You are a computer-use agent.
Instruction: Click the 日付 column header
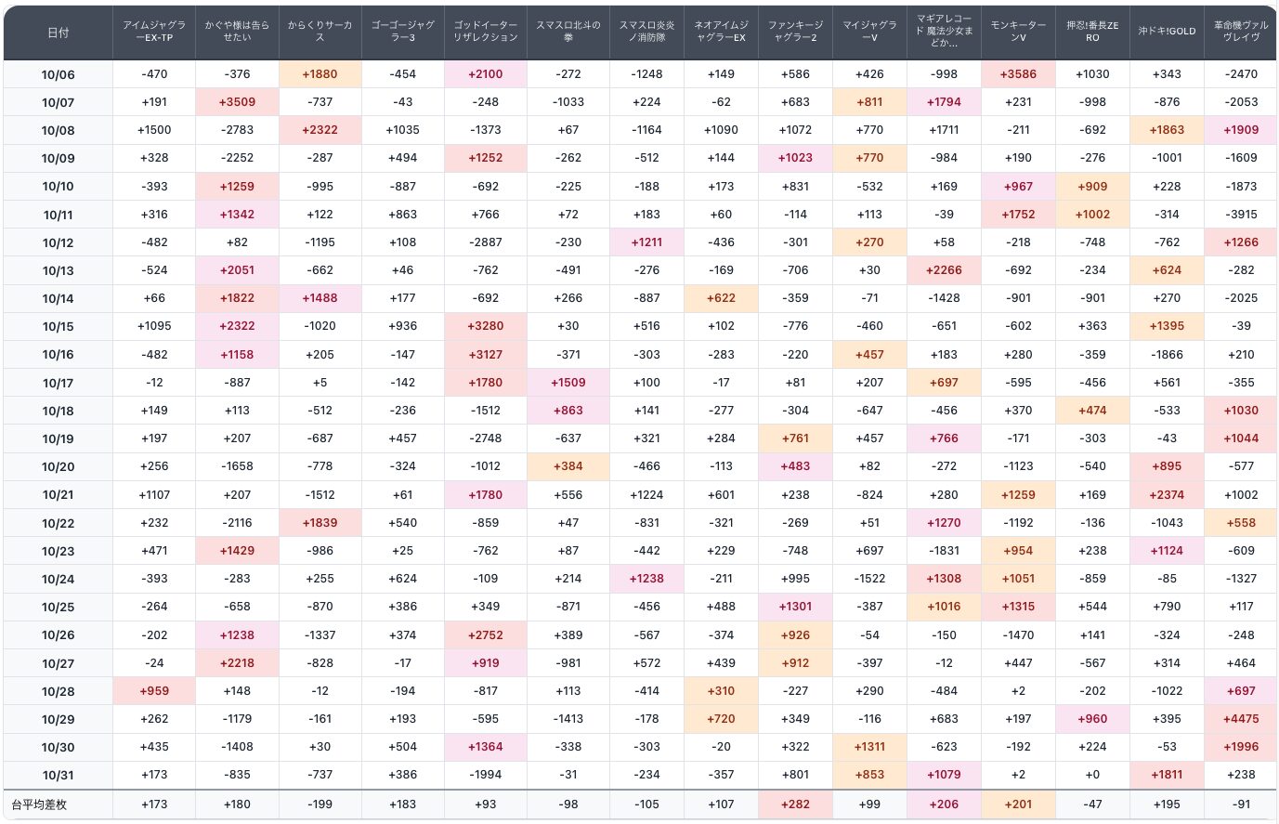[58, 33]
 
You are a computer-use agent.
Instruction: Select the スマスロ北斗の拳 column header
[568, 32]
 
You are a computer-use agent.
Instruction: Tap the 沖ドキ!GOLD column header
[1167, 32]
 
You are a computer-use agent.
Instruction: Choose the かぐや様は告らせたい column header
[237, 32]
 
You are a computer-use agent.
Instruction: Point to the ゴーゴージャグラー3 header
[403, 32]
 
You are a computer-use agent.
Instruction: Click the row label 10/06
[58, 74]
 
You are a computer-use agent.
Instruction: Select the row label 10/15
[58, 327]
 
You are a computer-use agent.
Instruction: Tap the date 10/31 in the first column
[58, 776]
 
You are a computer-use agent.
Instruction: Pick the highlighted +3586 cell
[1018, 74]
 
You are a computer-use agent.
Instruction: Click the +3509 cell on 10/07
[237, 102]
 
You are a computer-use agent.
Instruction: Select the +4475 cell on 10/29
[1241, 719]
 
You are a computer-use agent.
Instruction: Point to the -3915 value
[1241, 215]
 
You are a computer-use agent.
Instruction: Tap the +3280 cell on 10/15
[486, 326]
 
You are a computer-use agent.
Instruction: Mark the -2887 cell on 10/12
[486, 242]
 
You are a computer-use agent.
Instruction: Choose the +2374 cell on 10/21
[1167, 495]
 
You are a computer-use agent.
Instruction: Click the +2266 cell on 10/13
[944, 270]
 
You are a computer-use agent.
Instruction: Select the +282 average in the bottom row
[795, 804]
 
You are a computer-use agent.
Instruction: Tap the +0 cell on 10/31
[1092, 775]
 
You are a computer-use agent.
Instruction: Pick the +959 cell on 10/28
[154, 691]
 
